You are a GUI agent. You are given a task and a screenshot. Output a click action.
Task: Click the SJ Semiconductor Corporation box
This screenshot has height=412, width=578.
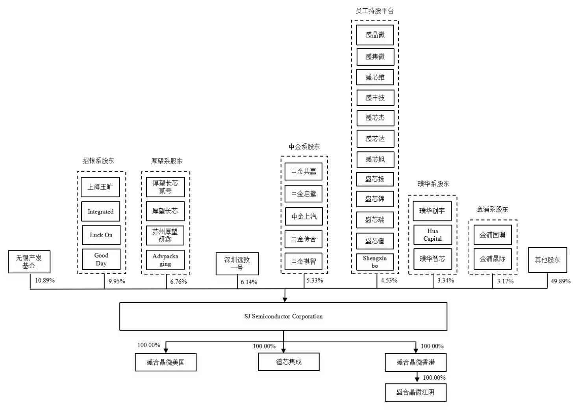point(283,316)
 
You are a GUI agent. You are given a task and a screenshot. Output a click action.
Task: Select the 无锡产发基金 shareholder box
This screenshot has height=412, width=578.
point(29,262)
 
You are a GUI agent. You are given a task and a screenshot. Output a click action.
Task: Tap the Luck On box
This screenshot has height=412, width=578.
point(101,235)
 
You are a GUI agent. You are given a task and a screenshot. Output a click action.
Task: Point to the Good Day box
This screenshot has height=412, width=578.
point(101,259)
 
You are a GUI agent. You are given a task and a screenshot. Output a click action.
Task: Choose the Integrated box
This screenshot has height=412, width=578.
point(100,212)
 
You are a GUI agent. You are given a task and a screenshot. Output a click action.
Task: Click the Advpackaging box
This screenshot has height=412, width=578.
point(165,260)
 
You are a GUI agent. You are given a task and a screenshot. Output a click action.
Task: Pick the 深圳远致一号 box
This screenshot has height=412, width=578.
point(237,264)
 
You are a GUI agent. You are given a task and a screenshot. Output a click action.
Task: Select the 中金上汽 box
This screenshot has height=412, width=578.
point(304,216)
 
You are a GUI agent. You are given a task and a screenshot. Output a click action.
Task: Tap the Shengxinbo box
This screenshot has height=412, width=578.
point(375,262)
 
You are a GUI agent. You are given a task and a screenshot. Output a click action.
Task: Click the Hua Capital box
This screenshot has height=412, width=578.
point(432,235)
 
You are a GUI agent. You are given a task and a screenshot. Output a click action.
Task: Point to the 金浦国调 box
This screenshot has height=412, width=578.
point(492,235)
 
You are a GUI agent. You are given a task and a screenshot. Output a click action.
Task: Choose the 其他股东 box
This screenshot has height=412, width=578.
point(547,260)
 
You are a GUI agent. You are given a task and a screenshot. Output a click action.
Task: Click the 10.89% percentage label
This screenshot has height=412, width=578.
point(45,281)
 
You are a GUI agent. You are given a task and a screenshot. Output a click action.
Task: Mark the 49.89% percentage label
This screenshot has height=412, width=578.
point(561,281)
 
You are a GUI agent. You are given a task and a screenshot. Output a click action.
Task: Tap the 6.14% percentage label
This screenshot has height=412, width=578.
point(249,282)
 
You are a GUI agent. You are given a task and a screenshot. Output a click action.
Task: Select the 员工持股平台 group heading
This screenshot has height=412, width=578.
point(374,11)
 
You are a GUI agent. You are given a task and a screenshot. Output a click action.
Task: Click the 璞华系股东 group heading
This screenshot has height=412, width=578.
point(433,184)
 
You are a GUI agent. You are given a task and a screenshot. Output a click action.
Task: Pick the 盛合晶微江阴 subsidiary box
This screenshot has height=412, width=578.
point(415,392)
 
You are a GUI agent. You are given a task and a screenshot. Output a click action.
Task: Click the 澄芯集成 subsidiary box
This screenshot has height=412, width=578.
point(289,362)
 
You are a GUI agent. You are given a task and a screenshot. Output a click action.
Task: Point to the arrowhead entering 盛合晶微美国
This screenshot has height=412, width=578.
point(166,350)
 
